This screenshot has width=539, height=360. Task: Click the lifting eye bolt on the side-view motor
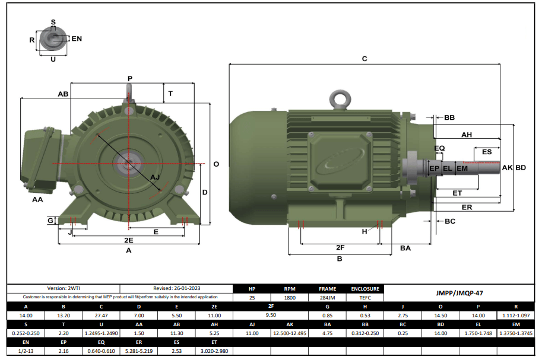[x=342, y=99]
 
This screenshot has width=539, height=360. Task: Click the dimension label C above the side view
[x=364, y=59]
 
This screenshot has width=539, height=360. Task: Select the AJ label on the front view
[x=156, y=177]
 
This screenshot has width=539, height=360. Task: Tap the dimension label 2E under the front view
[x=128, y=240]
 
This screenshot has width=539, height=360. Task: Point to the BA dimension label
[x=405, y=248]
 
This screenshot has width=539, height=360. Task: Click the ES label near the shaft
[x=487, y=152]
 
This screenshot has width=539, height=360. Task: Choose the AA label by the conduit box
[x=37, y=200]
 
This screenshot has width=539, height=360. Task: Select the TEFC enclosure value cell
[x=365, y=297]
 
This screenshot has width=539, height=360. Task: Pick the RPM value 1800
[x=290, y=297]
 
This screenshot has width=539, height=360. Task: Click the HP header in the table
[x=252, y=289]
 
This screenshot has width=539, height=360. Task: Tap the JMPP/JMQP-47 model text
[x=459, y=292]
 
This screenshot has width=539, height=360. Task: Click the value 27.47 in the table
[x=101, y=316]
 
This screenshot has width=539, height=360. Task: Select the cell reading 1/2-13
[x=26, y=351]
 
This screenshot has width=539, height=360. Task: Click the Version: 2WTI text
[x=63, y=288]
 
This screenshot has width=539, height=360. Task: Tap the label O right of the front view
[x=216, y=164]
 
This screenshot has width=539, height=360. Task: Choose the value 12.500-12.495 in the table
[x=290, y=333]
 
